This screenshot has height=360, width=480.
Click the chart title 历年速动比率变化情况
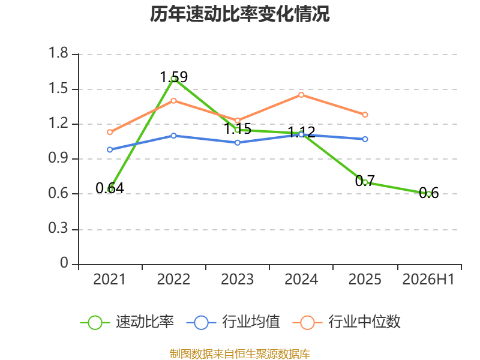click(x=239, y=14)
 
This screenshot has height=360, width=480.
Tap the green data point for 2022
click(x=173, y=79)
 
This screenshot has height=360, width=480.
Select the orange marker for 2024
click(x=301, y=95)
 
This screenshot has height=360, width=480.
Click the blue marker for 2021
click(x=110, y=149)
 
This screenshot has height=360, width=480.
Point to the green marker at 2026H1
click(x=429, y=194)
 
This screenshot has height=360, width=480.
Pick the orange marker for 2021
click(x=110, y=132)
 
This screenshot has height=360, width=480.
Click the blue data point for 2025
click(x=365, y=139)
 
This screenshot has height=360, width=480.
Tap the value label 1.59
click(x=173, y=77)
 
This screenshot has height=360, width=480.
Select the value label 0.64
click(x=110, y=188)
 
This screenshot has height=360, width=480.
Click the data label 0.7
click(x=365, y=181)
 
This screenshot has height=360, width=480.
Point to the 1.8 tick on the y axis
click(x=58, y=53)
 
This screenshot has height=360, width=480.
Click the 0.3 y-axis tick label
click(x=58, y=228)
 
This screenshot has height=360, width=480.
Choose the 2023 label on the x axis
click(x=237, y=279)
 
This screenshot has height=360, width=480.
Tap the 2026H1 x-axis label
click(x=428, y=279)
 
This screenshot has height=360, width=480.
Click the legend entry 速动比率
click(x=127, y=322)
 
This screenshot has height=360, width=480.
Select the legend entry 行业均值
click(x=233, y=322)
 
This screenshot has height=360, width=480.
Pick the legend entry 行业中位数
click(x=347, y=322)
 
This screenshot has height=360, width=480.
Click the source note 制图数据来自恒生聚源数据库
click(x=240, y=354)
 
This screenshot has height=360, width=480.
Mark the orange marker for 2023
click(x=237, y=121)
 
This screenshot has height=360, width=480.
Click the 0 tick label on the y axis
click(x=64, y=263)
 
